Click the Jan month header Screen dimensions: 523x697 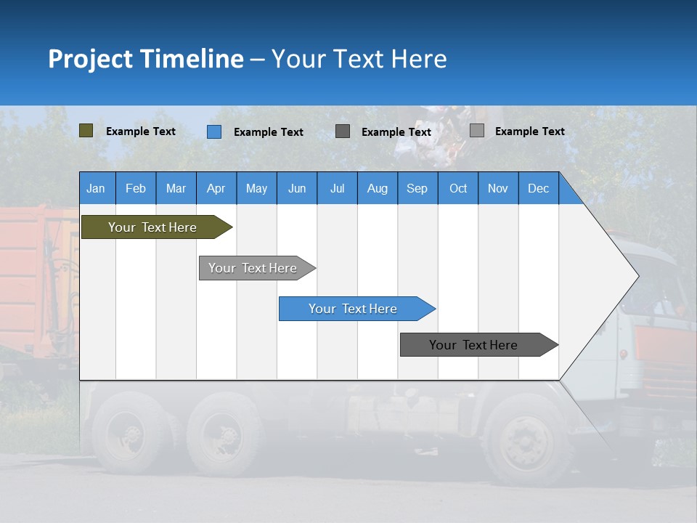(97, 188)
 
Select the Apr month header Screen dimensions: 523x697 (216, 188)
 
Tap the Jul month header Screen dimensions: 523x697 (337, 188)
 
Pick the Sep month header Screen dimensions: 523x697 (417, 188)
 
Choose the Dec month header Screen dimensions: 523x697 (538, 188)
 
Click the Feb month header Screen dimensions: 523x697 (136, 188)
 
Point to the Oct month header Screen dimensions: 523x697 (458, 188)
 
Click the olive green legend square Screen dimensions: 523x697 (86, 131)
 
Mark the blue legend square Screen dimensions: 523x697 (214, 131)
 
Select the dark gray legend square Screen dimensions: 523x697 (343, 131)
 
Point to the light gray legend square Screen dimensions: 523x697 (477, 131)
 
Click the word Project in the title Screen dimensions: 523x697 (91, 59)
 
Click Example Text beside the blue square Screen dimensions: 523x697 (269, 132)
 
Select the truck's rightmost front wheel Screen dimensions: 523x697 (526, 440)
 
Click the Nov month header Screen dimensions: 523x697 (498, 188)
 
